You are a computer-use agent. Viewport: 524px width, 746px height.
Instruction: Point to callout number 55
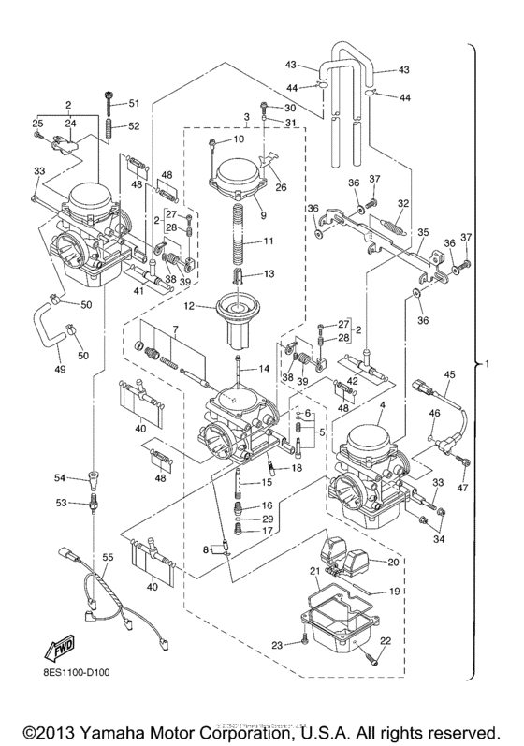[x=108, y=557]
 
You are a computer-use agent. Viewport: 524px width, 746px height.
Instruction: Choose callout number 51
[x=133, y=102]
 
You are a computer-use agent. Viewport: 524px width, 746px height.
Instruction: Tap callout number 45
[x=449, y=375]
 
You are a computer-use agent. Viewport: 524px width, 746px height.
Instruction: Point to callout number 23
[x=277, y=645]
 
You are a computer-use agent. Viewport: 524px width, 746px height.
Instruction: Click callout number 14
[x=265, y=369]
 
